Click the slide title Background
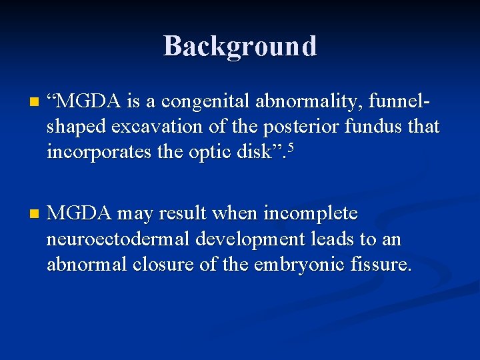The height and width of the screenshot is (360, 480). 240,46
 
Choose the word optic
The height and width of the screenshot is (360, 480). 207,152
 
